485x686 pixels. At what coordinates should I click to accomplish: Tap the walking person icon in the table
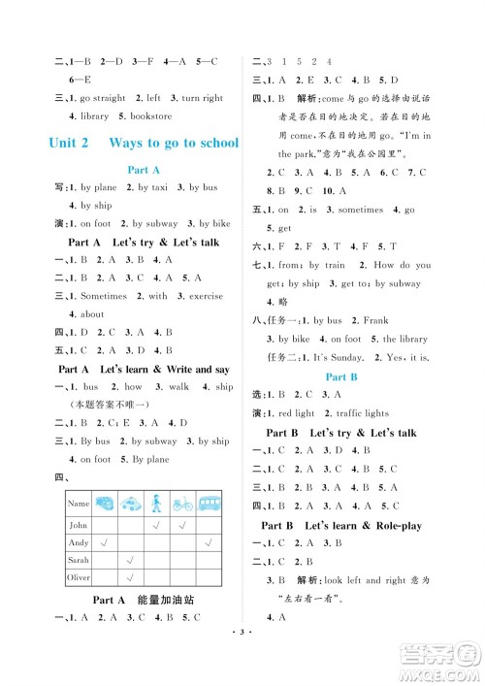coord(156,504)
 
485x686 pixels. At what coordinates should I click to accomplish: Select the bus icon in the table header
coord(209,504)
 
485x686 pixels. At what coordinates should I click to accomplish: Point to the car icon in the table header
coord(104,504)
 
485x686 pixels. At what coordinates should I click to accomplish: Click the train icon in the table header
coord(130,504)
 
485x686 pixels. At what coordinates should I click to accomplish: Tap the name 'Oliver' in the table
coord(79,579)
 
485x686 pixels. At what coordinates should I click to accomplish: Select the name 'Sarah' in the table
coord(78,561)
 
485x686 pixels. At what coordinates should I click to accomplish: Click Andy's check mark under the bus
coord(209,542)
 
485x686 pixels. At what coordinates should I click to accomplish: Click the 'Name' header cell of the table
coord(78,504)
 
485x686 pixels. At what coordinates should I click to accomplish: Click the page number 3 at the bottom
coord(242,669)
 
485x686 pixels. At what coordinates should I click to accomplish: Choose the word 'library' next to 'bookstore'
coord(94,115)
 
